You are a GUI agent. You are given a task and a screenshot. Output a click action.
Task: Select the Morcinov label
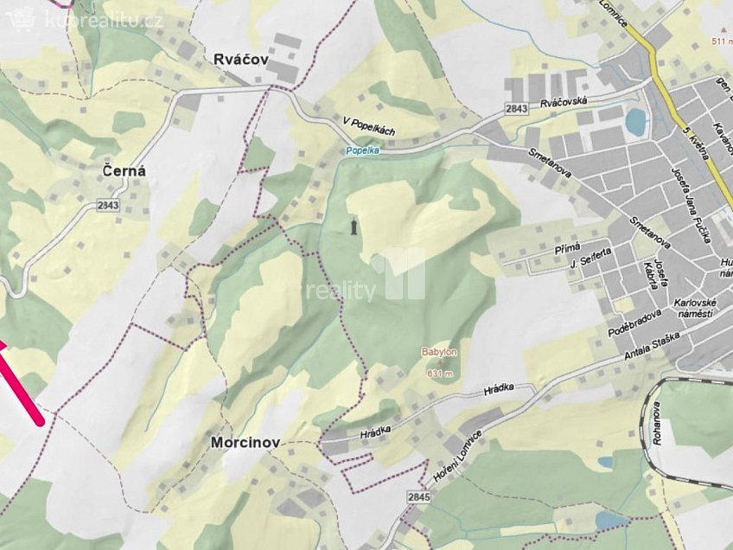click(x=245, y=442)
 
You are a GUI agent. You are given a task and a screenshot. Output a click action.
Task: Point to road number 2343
click(x=108, y=206)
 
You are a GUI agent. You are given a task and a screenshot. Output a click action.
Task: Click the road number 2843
click(x=517, y=108)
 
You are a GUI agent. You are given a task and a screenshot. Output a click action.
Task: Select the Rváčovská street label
click(x=564, y=102)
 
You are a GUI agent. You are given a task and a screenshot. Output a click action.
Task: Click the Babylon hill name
click(x=439, y=353)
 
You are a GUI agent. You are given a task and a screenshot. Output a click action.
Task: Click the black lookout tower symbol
click(x=353, y=227)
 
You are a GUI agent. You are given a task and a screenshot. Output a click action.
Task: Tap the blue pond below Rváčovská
click(x=636, y=122)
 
